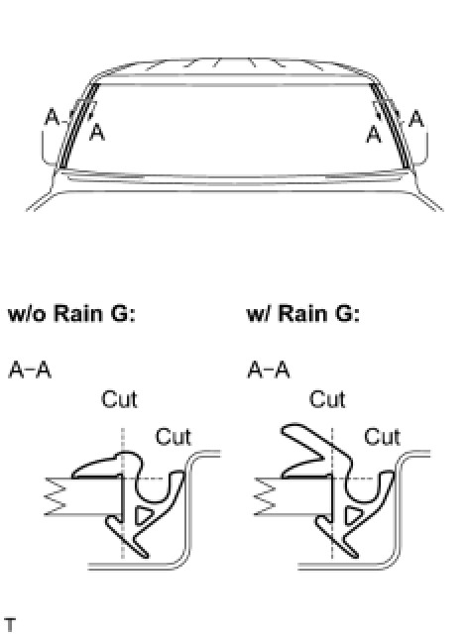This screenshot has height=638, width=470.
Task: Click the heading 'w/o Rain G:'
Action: click(71, 314)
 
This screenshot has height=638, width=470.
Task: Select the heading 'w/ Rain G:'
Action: click(303, 314)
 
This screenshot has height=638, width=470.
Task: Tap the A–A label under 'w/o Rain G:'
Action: click(30, 370)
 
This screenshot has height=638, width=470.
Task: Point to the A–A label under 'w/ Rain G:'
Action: click(269, 370)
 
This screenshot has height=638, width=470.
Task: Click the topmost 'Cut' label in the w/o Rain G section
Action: click(119, 399)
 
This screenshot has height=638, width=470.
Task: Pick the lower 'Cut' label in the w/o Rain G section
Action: click(174, 437)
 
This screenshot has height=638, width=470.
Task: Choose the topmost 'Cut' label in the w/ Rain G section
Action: click(327, 399)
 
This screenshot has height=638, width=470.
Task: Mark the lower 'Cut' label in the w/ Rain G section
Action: click(382, 437)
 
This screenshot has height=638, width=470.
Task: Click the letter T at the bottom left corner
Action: click(10, 625)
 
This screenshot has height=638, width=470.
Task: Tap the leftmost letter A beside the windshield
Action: click(52, 117)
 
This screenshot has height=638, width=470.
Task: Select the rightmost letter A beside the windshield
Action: click(416, 119)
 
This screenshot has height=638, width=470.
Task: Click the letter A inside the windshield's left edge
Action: click(97, 132)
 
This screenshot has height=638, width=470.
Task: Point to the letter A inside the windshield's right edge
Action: click(374, 135)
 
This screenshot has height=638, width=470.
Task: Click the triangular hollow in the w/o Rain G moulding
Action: click(142, 514)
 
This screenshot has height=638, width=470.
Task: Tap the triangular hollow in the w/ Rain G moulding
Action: click(351, 514)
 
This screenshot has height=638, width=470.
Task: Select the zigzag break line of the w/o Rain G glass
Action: click(55, 496)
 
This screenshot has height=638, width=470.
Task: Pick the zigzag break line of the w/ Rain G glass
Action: click(265, 496)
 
